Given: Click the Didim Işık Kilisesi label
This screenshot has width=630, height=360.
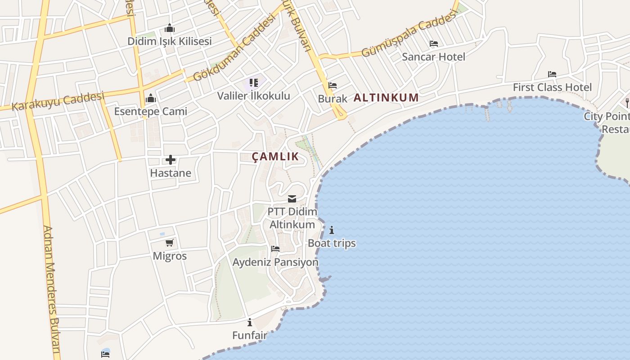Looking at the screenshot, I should pos(169,41).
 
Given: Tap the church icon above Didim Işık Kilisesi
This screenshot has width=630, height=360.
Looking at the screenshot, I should pos(169,28).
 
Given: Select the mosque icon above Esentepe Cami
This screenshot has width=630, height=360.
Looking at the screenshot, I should pos(150,98).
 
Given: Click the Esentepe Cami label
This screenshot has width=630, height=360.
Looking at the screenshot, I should pos(150,111).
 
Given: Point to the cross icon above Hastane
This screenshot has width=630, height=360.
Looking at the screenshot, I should pos(171,160).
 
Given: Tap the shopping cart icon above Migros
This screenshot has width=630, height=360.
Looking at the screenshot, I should pos(170,243).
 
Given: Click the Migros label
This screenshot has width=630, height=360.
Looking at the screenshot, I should pos(170,256).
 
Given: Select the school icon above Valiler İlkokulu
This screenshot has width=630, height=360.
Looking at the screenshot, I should pos(254,83).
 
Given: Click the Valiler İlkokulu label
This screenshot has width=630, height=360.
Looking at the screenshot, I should pos(254,96).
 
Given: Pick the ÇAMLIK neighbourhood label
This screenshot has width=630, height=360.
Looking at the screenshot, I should pos(275,157).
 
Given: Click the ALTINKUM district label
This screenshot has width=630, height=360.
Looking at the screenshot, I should pos(386,97).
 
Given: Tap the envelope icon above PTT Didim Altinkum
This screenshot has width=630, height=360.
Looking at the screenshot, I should pos(292,199).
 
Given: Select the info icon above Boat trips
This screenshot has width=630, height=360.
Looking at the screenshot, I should pos(332,230).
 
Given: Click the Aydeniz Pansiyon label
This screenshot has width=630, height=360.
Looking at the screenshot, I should pos(275,262).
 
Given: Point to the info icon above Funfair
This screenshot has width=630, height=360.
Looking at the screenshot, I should pos(250,322).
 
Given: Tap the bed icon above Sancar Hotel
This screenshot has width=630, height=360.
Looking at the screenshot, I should pos(434,44).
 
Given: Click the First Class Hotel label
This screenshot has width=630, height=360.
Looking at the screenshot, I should pos(552,87).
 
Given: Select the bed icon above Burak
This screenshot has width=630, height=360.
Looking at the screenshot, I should pos(333,85).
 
